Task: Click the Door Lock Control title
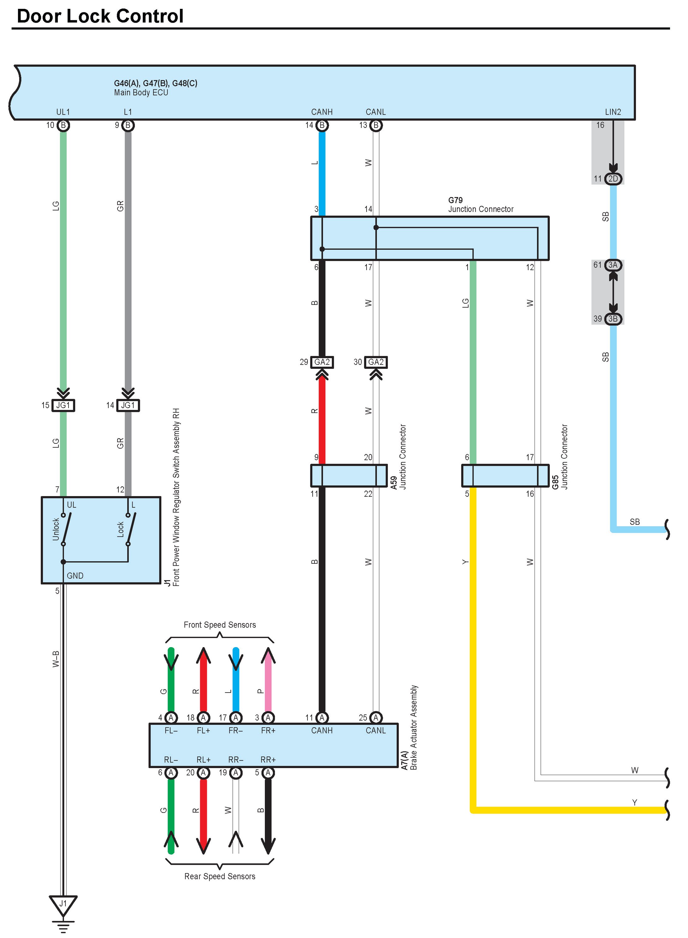100,16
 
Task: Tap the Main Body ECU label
141,93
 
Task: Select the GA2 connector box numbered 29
322,362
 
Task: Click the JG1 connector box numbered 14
128,405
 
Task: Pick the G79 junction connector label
481,205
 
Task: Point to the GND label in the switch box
75,576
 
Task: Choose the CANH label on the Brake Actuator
322,731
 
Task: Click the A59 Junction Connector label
398,457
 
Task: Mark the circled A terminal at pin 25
376,718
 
